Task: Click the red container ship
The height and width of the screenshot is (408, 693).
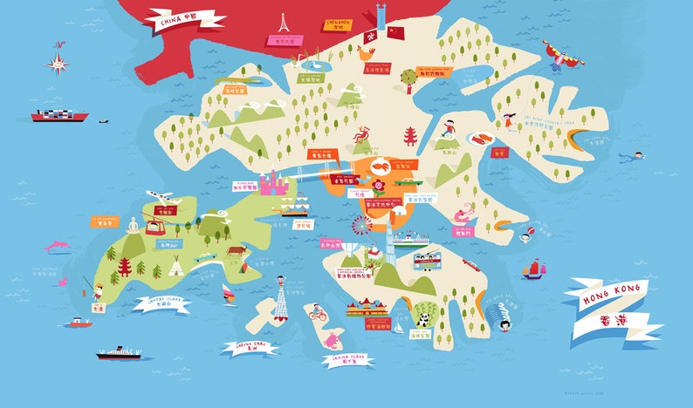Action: point(59,114)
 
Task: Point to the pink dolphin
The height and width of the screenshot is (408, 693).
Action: point(58,246)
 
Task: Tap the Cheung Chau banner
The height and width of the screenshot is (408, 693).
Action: point(250,348)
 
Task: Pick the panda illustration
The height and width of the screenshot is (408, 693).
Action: point(422,319)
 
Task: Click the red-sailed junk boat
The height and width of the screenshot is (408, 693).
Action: point(532,270)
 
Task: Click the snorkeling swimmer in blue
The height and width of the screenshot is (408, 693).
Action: point(633,157)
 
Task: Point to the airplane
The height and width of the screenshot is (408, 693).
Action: point(156,195)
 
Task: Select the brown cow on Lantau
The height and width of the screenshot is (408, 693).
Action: point(237,251)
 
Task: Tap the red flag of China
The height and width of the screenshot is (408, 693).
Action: point(396,33)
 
